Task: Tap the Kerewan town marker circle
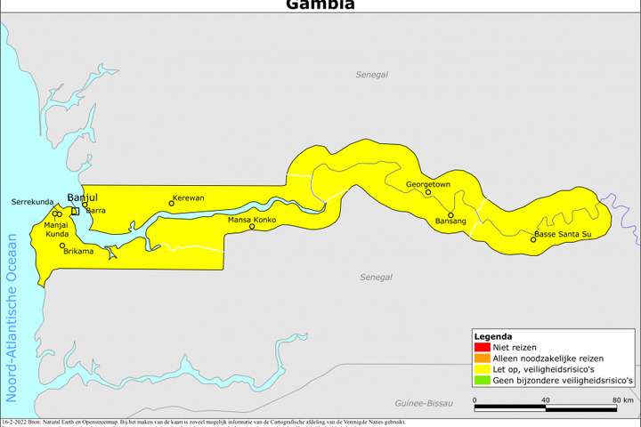pos(172,204)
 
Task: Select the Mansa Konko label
pos(252,219)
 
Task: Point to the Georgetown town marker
pos(428,192)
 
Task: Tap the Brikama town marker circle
pos(62,246)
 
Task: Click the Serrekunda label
pos(33,203)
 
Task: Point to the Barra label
pos(96,211)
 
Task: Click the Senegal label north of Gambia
pos(371,75)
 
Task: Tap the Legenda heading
pos(492,336)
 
